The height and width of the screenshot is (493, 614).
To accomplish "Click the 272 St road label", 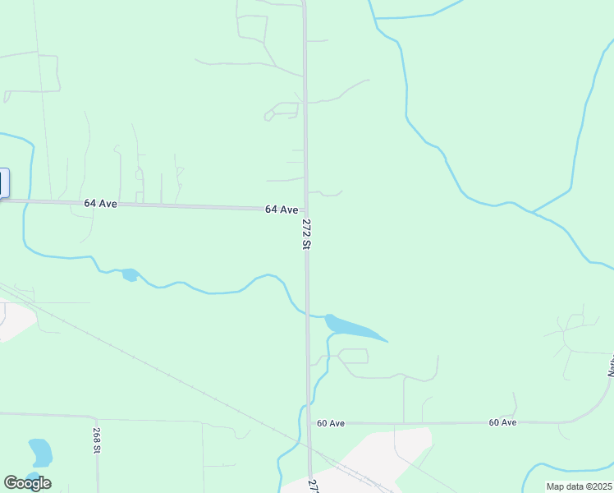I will pos(306,233).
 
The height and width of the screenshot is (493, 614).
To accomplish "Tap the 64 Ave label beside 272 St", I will pos(282,210).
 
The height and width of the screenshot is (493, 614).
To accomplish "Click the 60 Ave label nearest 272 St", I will pos(331,423).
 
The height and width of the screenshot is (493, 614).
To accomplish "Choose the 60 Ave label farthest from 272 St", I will pos(502,422).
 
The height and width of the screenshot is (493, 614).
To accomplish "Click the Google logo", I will pos(27,483).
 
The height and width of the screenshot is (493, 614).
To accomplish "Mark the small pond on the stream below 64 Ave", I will pos(129,274).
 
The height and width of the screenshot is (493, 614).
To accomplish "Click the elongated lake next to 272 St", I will pos(352,327).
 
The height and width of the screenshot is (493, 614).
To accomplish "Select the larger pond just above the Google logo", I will pos(40,452).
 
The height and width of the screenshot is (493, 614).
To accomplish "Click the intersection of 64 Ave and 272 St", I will pos(305,211).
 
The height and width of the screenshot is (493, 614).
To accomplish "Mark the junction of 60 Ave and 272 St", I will pos(309,423).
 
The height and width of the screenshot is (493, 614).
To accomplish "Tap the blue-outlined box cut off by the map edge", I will pos(3,182).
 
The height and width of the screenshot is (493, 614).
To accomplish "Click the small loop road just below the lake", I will pos(353,356).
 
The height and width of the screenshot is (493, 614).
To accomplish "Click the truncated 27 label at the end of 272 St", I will pos(312,485).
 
